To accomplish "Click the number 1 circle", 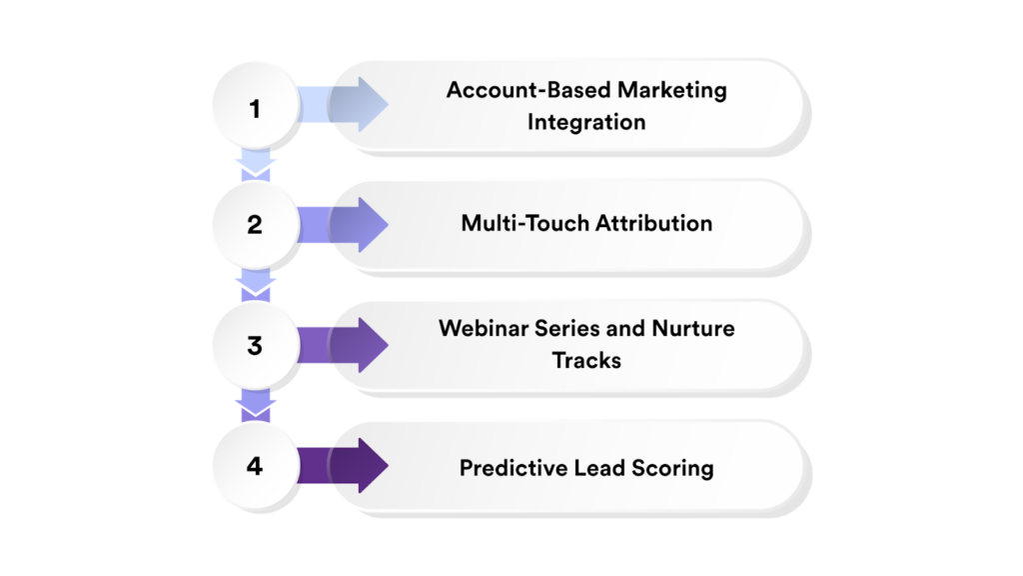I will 255,107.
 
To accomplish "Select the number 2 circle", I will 255,225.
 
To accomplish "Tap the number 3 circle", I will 255,346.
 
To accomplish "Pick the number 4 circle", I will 255,466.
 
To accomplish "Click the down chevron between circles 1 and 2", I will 257,166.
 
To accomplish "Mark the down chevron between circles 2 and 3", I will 257,286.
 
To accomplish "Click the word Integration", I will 586,122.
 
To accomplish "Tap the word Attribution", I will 654,223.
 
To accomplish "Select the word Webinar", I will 482,328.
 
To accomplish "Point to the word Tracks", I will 586,360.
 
